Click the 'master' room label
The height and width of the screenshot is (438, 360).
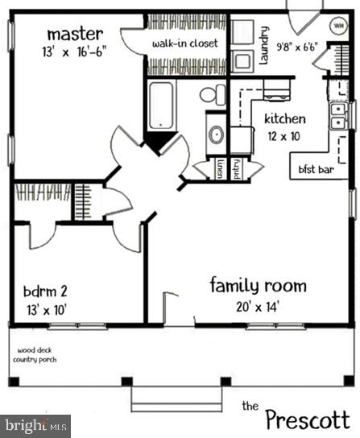pyautogui.click(x=75, y=34)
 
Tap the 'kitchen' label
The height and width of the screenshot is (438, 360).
pyautogui.click(x=285, y=119)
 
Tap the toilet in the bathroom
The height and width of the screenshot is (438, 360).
pyautogui.click(x=213, y=94)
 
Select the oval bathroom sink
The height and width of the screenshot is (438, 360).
pyautogui.click(x=216, y=134)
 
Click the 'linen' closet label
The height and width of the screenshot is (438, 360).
pyautogui.click(x=220, y=168)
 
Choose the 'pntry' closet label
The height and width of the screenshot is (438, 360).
pyautogui.click(x=238, y=168)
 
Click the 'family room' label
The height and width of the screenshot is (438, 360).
pyautogui.click(x=258, y=285)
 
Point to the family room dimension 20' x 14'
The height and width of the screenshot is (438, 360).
pyautogui.click(x=258, y=306)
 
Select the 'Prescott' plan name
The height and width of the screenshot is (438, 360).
pyautogui.click(x=308, y=419)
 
